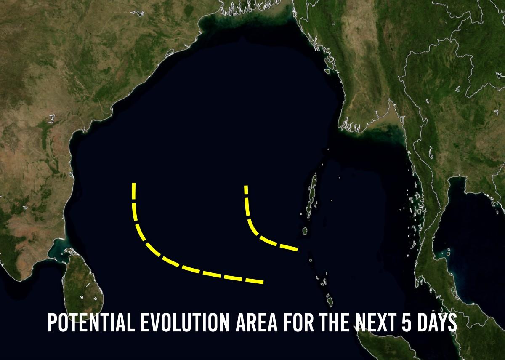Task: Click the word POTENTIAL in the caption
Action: (91, 322)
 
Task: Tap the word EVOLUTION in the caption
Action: (185, 322)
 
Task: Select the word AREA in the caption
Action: (257, 322)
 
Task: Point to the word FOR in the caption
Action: (299, 322)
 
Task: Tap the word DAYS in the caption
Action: (437, 322)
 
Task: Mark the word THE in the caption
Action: (335, 322)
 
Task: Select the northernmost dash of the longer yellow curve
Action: (134, 191)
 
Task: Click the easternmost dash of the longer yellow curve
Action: (254, 281)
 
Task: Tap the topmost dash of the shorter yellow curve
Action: (246, 190)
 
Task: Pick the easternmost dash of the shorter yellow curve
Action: (289, 248)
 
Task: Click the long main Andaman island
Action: (312, 194)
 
